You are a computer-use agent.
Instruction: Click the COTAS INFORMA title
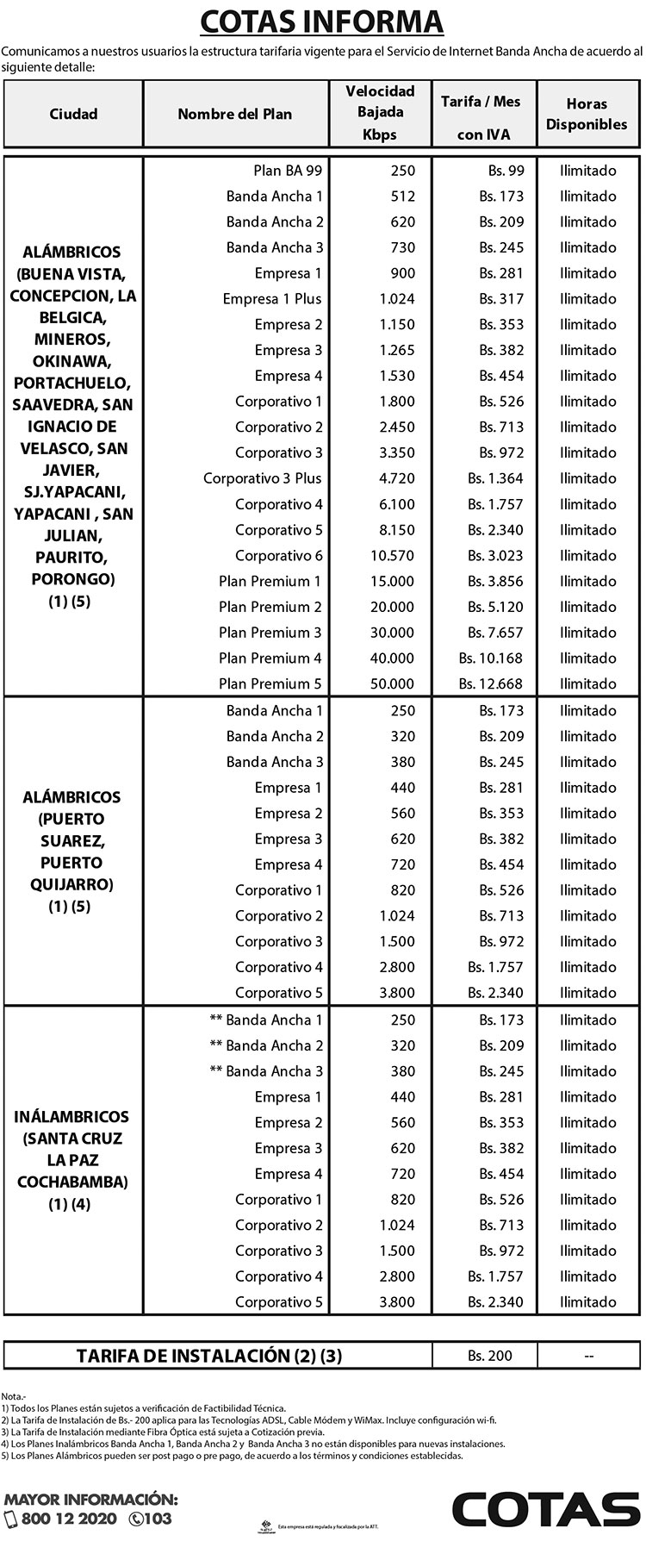click(322, 21)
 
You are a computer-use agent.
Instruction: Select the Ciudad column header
click(73, 114)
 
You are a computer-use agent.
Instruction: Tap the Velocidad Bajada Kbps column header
click(380, 113)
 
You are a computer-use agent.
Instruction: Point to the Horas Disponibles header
click(587, 114)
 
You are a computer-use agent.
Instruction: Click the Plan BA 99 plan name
click(288, 171)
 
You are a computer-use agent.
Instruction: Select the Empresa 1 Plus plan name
click(272, 299)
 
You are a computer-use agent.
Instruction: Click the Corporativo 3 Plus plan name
click(263, 478)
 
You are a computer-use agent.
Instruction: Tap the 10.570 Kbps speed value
click(394, 556)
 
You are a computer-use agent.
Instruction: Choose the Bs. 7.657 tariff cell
click(495, 633)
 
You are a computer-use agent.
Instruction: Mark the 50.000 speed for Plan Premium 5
click(394, 684)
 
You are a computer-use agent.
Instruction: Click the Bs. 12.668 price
click(491, 684)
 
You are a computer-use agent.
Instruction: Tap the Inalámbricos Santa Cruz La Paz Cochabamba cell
click(72, 1160)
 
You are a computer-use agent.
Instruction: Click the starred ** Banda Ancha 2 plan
click(266, 1045)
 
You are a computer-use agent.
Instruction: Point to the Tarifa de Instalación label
click(209, 1356)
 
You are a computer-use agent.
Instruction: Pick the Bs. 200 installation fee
click(489, 1356)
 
